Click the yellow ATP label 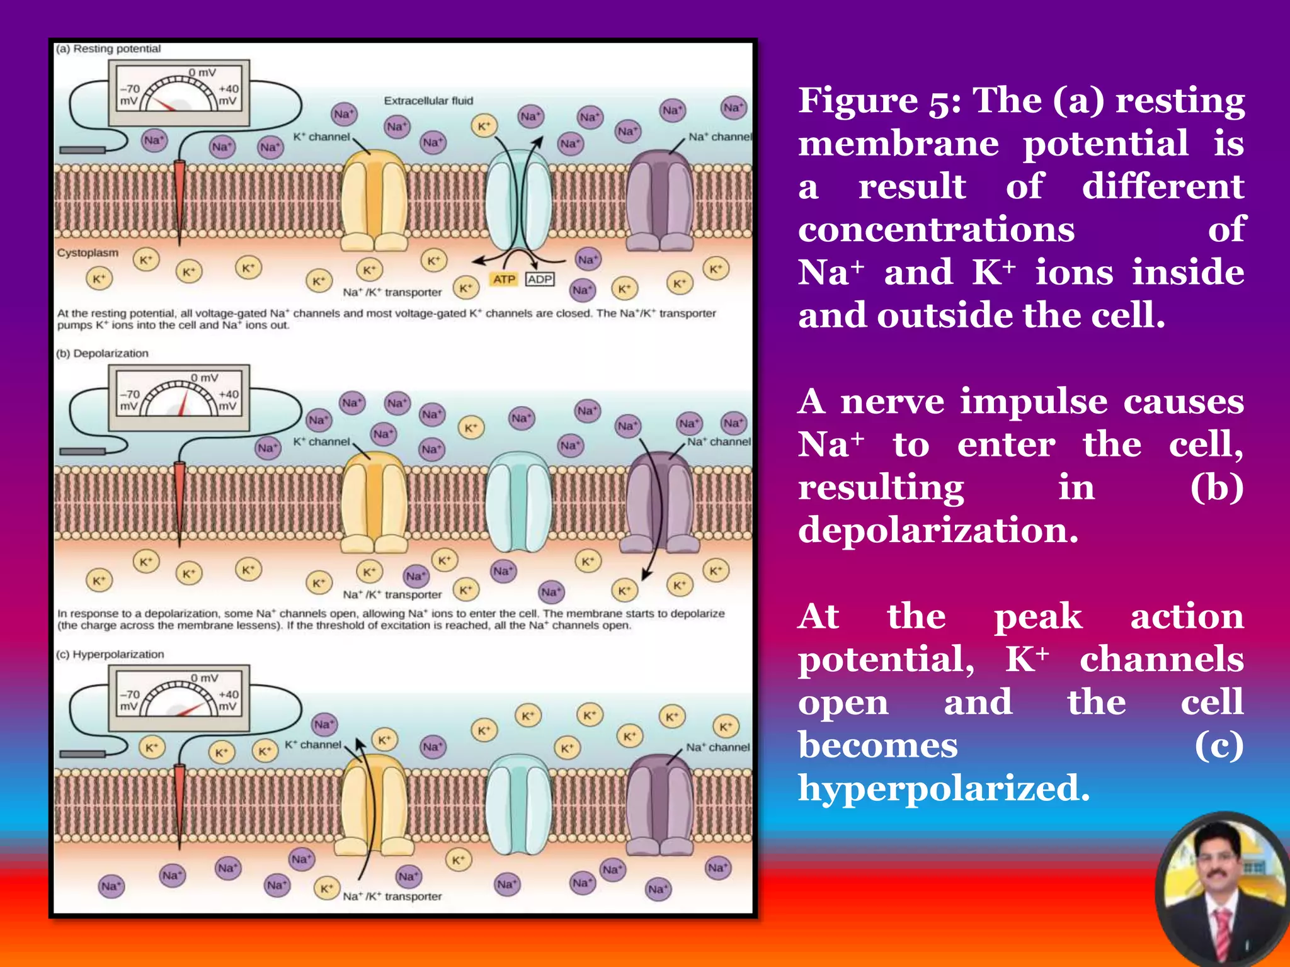click(x=504, y=279)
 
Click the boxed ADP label click(x=540, y=279)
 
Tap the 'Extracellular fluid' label click(x=428, y=101)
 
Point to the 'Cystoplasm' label click(x=88, y=252)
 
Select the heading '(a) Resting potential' click(x=108, y=49)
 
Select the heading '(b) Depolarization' click(x=102, y=353)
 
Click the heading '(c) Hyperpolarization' click(x=110, y=654)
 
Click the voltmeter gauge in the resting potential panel click(x=180, y=93)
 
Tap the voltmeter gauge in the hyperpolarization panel click(x=180, y=698)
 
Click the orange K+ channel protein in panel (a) click(x=374, y=201)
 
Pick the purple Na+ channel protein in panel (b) click(x=659, y=504)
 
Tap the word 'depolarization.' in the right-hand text click(x=938, y=530)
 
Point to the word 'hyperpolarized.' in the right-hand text click(x=944, y=788)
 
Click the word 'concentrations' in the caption click(x=936, y=229)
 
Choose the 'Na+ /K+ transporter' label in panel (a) click(x=392, y=293)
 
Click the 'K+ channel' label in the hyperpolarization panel click(x=312, y=745)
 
